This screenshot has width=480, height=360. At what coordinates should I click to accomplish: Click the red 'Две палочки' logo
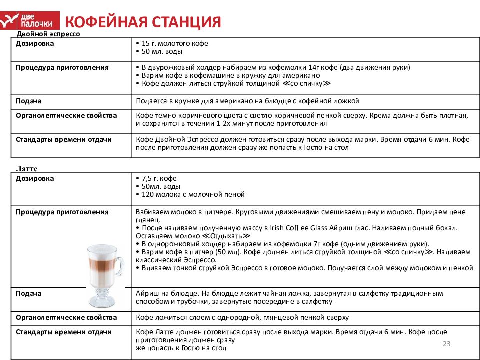pyautogui.click(x=30, y=20)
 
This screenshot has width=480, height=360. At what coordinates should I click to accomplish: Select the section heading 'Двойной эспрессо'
pyautogui.click(x=48, y=34)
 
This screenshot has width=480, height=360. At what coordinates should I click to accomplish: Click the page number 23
pyautogui.click(x=447, y=343)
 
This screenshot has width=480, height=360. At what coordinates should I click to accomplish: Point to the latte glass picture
pyautogui.click(x=104, y=274)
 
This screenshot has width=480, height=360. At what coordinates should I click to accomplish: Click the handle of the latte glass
pyautogui.click(x=120, y=267)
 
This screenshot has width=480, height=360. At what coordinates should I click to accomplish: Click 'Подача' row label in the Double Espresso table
pyautogui.click(x=28, y=101)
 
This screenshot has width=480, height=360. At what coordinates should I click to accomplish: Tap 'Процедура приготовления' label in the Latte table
pyautogui.click(x=62, y=212)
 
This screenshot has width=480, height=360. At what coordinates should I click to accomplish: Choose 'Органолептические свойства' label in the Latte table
pyautogui.click(x=66, y=317)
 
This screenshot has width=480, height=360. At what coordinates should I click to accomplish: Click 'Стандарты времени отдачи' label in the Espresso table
pyautogui.click(x=63, y=139)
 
